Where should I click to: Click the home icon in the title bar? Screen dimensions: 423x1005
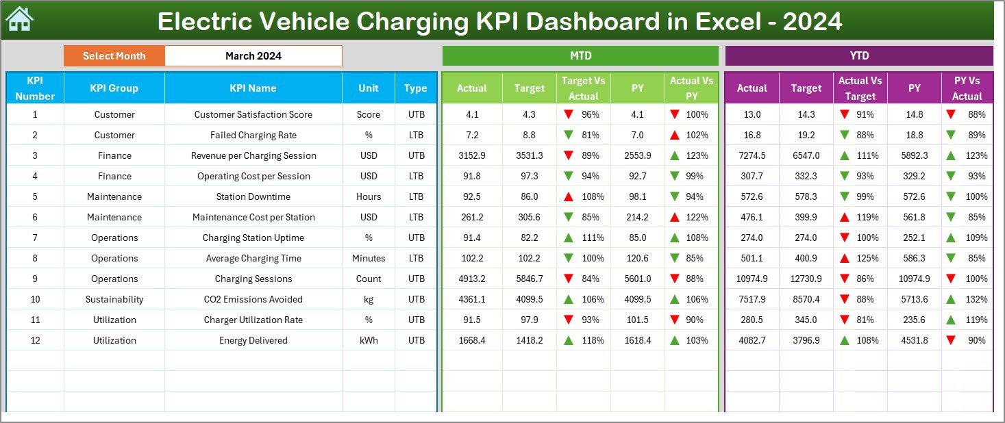tap(19, 20)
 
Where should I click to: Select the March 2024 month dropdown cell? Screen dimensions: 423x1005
tap(253, 56)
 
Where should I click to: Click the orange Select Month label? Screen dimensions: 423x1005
tap(114, 56)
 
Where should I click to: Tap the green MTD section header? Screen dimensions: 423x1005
tap(580, 56)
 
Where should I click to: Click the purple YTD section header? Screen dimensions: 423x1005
tap(858, 56)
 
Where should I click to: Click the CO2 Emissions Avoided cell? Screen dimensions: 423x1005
tap(253, 299)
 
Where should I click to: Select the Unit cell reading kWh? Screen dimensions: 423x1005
tap(369, 340)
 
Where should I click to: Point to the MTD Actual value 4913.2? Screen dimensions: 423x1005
tap(472, 279)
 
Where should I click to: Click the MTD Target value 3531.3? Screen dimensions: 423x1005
tap(530, 155)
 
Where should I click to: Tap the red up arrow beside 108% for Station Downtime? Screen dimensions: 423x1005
tap(569, 196)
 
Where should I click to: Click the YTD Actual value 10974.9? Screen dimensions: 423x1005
tap(752, 279)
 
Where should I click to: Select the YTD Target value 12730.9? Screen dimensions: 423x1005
tap(806, 279)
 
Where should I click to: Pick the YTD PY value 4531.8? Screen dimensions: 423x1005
tap(915, 340)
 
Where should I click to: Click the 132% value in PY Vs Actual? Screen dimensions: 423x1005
tap(977, 299)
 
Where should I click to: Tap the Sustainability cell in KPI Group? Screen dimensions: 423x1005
tap(114, 299)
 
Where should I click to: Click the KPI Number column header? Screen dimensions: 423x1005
tap(35, 88)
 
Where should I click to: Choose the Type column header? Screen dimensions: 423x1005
tap(416, 88)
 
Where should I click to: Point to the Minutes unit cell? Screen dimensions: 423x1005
tap(369, 258)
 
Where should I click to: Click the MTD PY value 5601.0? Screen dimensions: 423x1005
tap(638, 279)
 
